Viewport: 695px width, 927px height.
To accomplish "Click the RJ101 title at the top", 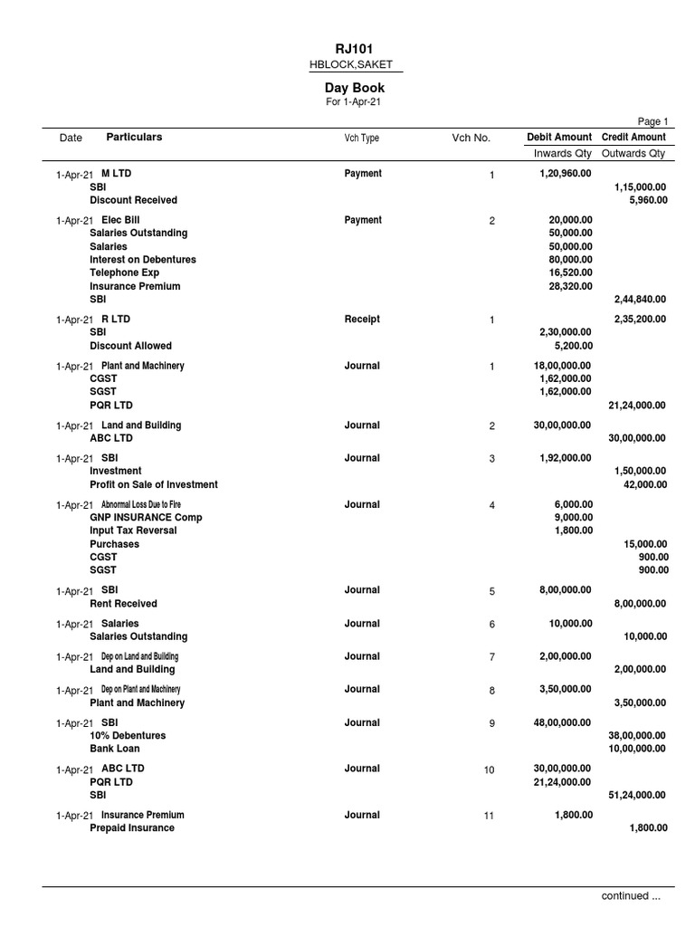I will click(355, 49).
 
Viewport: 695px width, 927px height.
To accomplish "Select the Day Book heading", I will click(355, 88).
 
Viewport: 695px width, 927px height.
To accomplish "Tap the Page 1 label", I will click(652, 122).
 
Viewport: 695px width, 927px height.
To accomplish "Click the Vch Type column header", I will click(361, 139).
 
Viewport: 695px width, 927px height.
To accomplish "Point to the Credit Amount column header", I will click(633, 138).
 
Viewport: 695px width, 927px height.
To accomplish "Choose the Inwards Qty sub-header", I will click(561, 154).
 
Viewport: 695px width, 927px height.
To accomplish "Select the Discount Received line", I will click(133, 200).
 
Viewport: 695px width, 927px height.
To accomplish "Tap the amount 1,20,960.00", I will click(565, 174).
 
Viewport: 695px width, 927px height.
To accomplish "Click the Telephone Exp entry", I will click(124, 272).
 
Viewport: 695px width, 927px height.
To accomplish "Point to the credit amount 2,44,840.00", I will click(640, 300).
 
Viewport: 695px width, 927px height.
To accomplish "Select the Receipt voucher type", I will click(362, 320).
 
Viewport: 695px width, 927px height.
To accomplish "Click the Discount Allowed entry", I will click(130, 346).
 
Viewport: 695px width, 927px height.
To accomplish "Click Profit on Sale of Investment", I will click(154, 484).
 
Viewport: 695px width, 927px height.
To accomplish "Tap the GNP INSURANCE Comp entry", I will click(146, 518).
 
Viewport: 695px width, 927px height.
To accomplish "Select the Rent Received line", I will click(123, 604).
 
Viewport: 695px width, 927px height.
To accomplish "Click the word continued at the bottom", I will click(625, 896).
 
